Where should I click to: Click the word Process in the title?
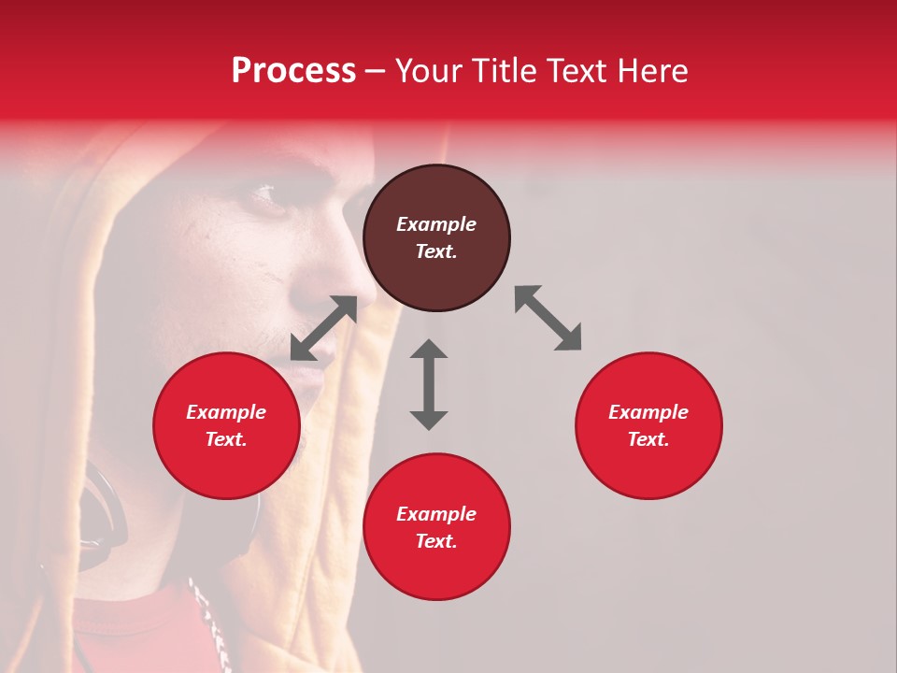(293, 71)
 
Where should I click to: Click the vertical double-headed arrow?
(429, 384)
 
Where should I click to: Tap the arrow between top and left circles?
(324, 328)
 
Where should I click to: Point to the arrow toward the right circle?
(548, 318)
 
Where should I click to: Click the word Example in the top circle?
(436, 224)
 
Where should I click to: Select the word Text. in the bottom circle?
(436, 541)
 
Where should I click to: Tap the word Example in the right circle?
(648, 412)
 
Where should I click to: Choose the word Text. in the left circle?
(226, 439)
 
